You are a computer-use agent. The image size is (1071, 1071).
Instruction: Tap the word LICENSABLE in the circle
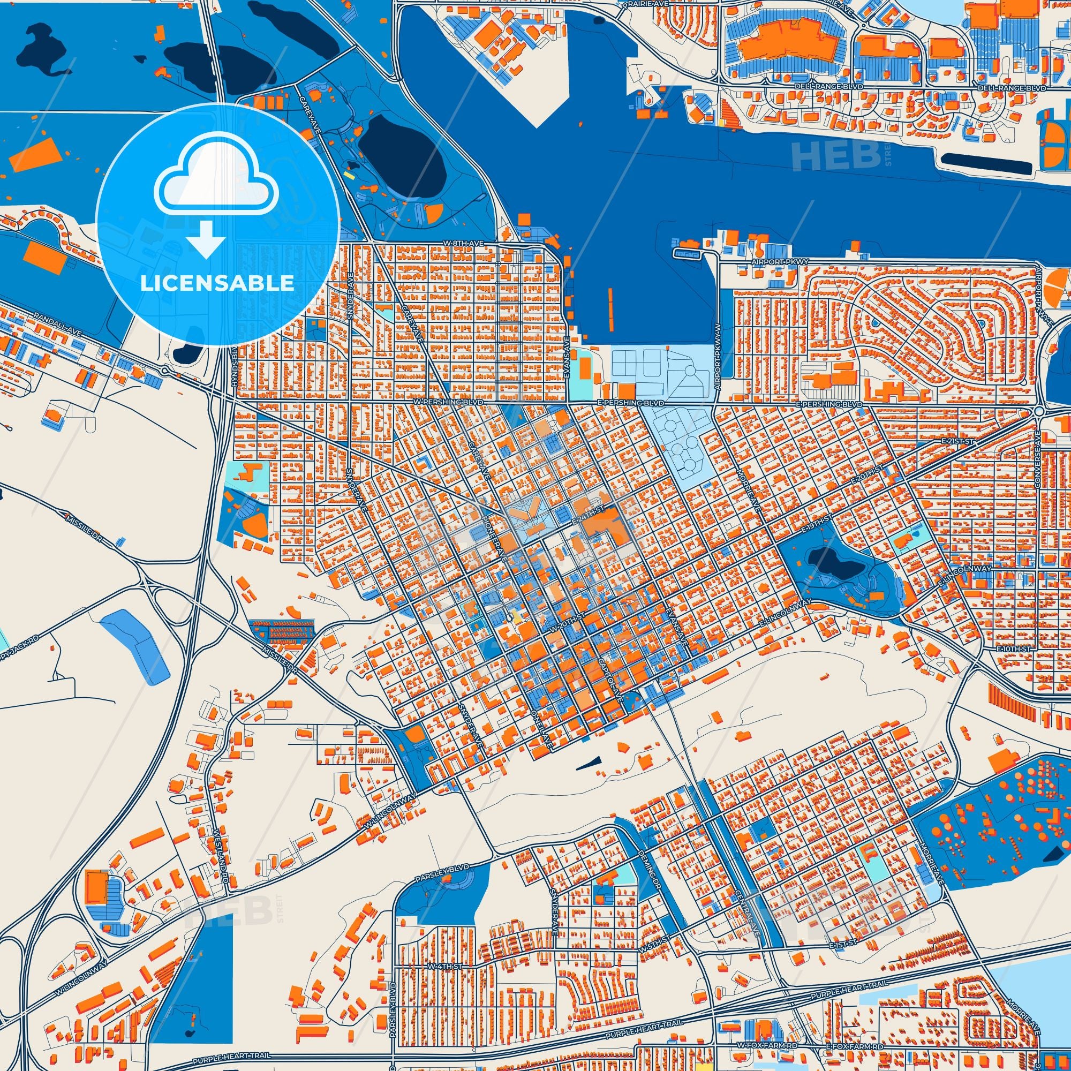[x=217, y=283]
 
